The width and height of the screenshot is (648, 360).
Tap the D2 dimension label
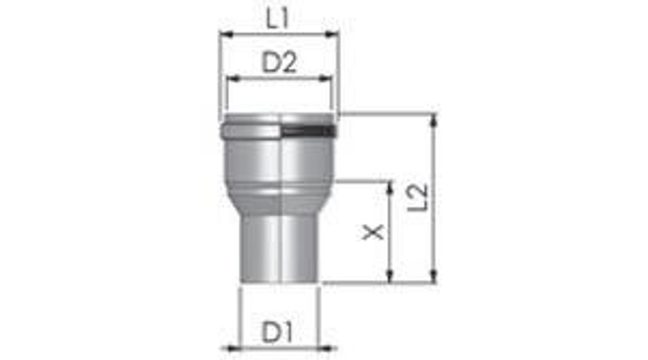279,64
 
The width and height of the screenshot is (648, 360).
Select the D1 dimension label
277,332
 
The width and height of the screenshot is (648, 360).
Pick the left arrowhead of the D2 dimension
230,78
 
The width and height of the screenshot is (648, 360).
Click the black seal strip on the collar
307,132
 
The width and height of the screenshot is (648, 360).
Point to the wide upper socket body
279,162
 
